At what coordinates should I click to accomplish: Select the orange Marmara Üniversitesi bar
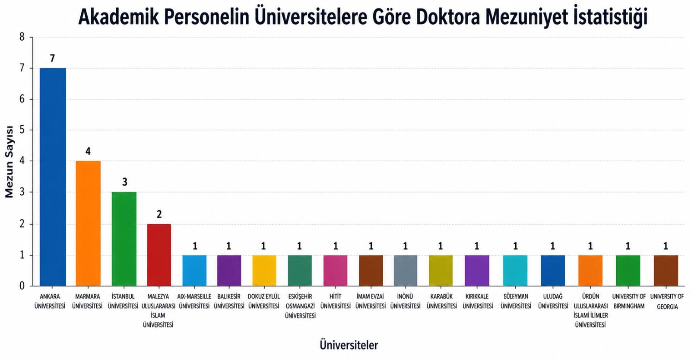click(88, 223)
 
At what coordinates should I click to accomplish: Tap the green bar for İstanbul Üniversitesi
click(124, 239)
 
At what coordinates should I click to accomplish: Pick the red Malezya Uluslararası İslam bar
click(159, 255)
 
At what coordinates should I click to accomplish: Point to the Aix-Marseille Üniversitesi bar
click(194, 270)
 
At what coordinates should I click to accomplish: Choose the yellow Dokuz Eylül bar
click(264, 270)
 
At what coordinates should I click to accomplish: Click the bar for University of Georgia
click(666, 270)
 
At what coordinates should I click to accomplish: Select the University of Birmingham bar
click(628, 270)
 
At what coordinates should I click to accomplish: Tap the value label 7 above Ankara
click(52, 58)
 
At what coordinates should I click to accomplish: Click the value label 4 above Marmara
click(88, 151)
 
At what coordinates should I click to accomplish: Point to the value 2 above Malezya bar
click(159, 214)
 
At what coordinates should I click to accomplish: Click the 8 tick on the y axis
click(22, 37)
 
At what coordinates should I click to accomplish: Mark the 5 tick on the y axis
click(22, 130)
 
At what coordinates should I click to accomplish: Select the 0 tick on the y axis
click(22, 286)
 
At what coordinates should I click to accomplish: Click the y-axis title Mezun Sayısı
click(10, 162)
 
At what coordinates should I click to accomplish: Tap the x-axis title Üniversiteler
click(349, 345)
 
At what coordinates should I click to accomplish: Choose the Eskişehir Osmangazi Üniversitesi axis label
click(300, 306)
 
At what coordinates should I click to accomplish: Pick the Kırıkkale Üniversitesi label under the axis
click(477, 301)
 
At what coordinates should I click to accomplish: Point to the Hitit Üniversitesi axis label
click(336, 301)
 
